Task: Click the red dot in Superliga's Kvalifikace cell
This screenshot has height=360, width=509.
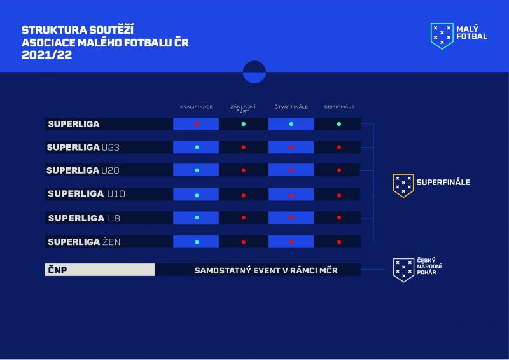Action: (x=197, y=124)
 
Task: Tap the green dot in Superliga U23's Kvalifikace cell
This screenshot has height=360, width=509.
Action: (x=197, y=148)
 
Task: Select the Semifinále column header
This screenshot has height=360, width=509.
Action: (x=339, y=107)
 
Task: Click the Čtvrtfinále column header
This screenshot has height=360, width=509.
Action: (x=291, y=107)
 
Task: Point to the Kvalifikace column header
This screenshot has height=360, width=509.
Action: (x=196, y=107)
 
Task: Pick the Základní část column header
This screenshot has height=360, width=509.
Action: (x=243, y=109)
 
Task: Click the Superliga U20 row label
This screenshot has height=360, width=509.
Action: (x=83, y=170)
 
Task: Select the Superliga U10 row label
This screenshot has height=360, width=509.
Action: (x=87, y=194)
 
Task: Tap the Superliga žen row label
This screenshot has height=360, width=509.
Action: (x=84, y=242)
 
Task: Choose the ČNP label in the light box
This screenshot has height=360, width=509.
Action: (x=57, y=270)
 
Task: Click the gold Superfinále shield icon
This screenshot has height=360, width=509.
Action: (x=403, y=185)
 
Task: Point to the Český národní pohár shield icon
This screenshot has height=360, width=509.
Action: (x=403, y=270)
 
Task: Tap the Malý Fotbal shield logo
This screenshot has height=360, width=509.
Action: (x=442, y=36)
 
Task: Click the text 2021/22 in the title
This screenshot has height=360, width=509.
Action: (x=46, y=55)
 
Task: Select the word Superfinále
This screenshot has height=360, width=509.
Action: (x=443, y=182)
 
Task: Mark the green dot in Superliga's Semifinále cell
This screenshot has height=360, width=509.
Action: (x=339, y=124)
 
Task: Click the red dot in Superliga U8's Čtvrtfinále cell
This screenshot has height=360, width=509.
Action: (x=291, y=218)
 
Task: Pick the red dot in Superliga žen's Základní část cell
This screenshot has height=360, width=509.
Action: (x=244, y=242)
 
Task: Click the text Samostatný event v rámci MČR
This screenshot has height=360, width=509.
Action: (x=266, y=270)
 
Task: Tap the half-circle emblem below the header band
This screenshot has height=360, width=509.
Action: (x=254, y=72)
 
